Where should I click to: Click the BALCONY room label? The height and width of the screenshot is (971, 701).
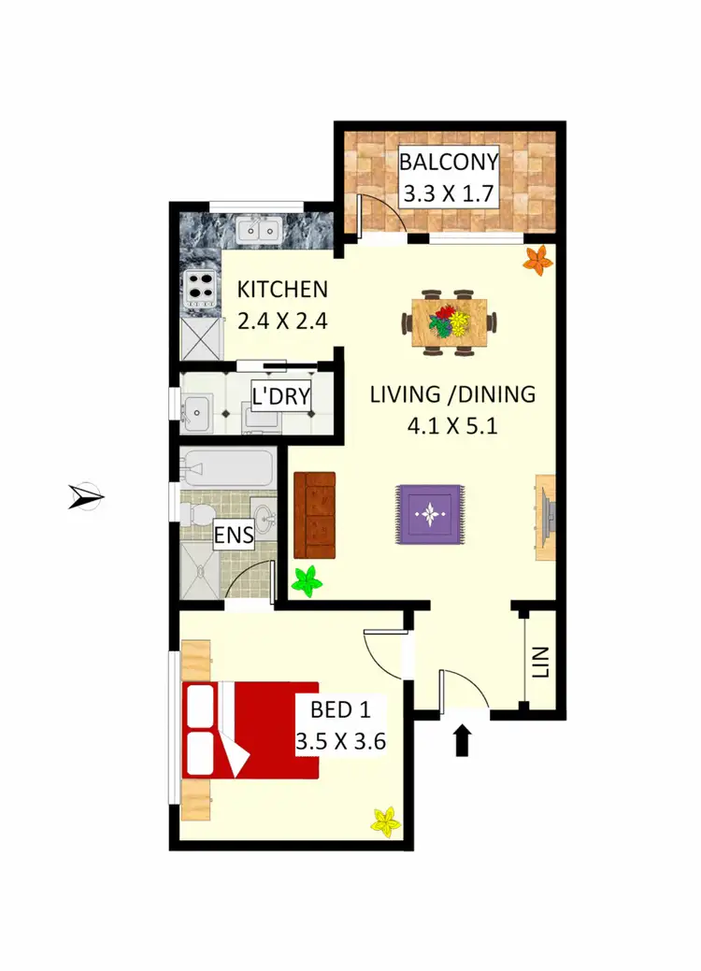449,161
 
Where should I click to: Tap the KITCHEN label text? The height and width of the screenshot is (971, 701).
282,290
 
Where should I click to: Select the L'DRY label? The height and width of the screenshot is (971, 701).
281,397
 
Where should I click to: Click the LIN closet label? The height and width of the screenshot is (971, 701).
541,664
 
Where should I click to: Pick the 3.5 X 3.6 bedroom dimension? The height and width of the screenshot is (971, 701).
341,743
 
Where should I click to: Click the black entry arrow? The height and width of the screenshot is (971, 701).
462,741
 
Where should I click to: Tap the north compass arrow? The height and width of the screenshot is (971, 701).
87,496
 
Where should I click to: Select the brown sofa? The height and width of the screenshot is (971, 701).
314,515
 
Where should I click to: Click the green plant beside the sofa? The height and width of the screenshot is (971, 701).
306,581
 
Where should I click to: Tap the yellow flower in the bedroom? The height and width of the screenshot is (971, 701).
385,821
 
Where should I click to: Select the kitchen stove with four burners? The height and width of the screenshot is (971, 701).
199,289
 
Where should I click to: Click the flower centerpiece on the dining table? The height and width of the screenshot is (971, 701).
450,322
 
